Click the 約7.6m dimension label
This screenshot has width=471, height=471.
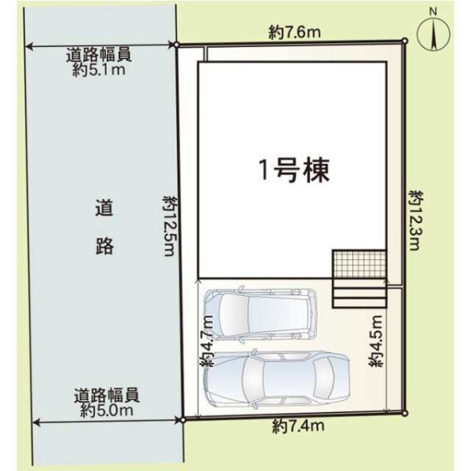[x=294, y=32]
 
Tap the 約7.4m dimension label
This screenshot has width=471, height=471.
[x=298, y=425]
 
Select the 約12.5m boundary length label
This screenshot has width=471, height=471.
[x=170, y=226]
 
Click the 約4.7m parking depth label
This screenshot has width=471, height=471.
[x=207, y=341]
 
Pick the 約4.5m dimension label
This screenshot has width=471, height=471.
[x=376, y=341]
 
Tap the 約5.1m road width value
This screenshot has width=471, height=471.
[x=99, y=71]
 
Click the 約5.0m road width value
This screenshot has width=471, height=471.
[x=107, y=411]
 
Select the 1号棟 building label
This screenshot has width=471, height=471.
[x=294, y=170]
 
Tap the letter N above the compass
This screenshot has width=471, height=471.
[x=433, y=12]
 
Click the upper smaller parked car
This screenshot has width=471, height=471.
[x=260, y=314]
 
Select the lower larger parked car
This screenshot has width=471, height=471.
[x=276, y=379]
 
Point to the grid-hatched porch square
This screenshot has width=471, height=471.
[x=360, y=264]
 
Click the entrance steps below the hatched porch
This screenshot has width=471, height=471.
[x=360, y=293]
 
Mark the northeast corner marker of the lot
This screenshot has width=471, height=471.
[x=404, y=41]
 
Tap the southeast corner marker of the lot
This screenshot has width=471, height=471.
[x=404, y=414]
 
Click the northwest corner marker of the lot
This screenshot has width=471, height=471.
[x=177, y=45]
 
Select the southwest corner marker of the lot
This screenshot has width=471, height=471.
[x=182, y=420]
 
